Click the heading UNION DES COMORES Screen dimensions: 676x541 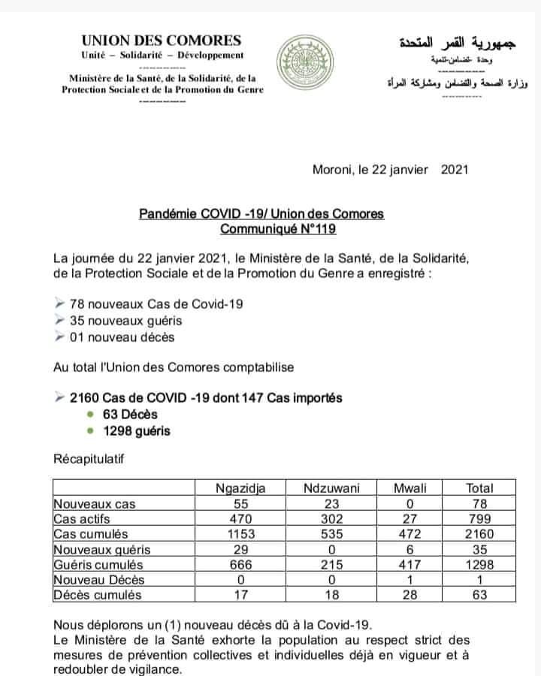tap(162, 41)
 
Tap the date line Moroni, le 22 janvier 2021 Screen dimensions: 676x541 tap(390, 169)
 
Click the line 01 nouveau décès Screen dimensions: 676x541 tap(122, 336)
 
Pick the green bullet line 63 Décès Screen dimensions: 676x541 tap(132, 414)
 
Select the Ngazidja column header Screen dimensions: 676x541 tap(240, 488)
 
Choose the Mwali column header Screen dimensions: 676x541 tap(410, 488)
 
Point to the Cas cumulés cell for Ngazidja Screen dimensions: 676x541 tap(240, 534)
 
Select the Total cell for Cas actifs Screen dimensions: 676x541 tap(479, 519)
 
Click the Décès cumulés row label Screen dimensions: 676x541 tap(97, 595)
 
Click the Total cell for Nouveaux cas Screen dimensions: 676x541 tap(479, 503)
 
